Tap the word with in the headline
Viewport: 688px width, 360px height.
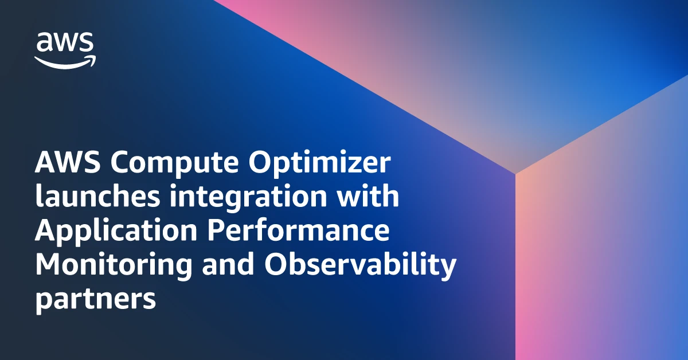point(369,197)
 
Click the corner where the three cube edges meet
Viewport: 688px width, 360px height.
point(515,173)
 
